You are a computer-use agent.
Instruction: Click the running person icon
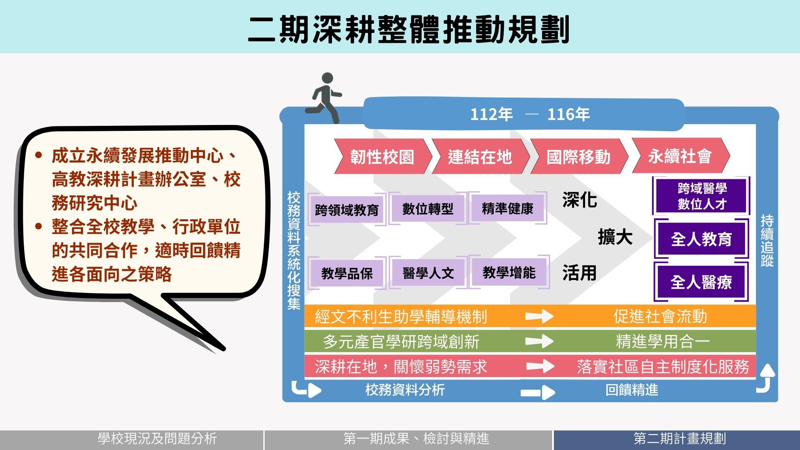325,98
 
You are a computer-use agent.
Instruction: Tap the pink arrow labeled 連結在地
480,156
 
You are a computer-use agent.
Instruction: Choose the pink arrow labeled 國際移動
578,156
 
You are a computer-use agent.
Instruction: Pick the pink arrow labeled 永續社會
680,156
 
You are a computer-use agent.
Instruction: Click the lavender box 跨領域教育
347,210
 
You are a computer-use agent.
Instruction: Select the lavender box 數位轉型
427,208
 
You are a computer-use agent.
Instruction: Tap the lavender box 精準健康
507,208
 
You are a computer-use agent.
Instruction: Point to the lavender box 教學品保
347,273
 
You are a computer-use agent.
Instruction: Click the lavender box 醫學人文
428,273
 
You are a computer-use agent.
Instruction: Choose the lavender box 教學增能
509,272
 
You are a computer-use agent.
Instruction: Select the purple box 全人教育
701,239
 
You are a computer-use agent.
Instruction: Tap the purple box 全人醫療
701,282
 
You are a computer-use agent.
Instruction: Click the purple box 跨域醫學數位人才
702,196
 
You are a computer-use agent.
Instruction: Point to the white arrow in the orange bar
539,317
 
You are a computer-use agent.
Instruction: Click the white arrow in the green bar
539,342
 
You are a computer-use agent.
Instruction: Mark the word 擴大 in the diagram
615,237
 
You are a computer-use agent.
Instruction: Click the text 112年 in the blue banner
491,114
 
